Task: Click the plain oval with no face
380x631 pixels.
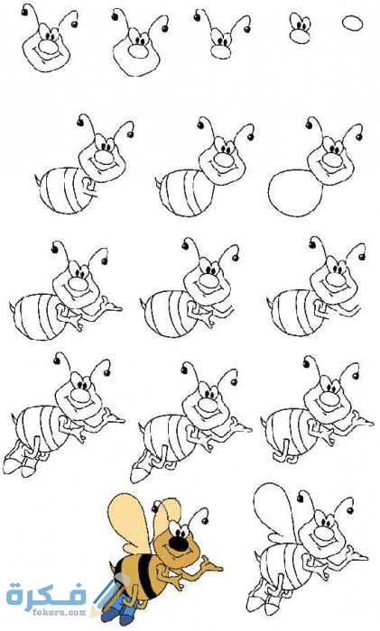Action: click(x=352, y=23)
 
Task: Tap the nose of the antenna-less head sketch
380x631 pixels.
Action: click(x=300, y=37)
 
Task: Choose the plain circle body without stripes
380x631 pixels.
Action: click(x=295, y=193)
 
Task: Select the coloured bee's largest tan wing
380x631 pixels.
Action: click(x=127, y=520)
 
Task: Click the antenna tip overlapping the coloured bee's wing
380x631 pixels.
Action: click(x=154, y=508)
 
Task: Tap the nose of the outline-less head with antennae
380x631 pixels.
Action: click(x=221, y=52)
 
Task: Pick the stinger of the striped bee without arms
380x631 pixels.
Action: click(x=158, y=182)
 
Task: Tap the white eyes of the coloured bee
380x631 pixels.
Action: click(x=178, y=530)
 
